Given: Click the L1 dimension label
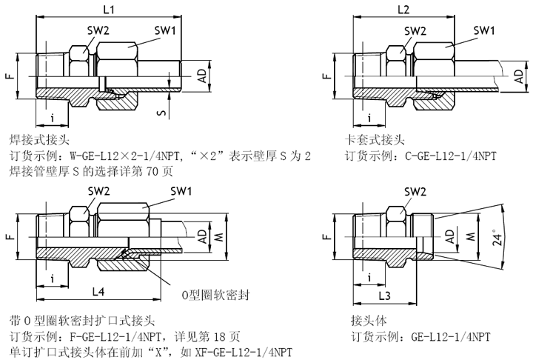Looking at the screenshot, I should [108, 10].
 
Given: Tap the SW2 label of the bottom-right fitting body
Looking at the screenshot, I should [415, 192].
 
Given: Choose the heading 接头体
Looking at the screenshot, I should [367, 320].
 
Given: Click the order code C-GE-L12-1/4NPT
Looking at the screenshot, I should [451, 156].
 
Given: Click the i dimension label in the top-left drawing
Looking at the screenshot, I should [53, 117].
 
